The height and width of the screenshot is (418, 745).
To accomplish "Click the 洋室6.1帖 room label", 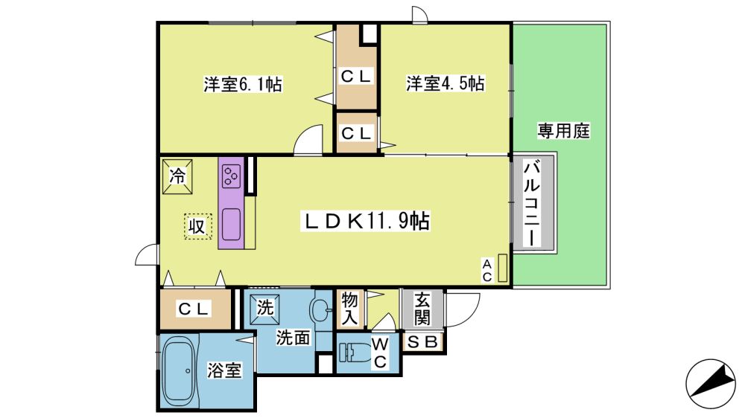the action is [243, 85].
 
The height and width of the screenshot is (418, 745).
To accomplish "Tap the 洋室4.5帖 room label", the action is [446, 83].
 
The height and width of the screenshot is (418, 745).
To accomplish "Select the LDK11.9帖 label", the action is [365, 221].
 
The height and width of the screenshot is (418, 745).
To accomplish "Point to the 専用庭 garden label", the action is [563, 130].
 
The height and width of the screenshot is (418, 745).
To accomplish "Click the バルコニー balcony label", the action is [532, 203].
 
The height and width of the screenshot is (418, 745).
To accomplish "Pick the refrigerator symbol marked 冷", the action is [178, 176].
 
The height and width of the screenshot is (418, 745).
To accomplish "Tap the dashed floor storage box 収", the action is [197, 226].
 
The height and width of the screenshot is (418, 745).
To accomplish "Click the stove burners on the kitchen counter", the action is [232, 176].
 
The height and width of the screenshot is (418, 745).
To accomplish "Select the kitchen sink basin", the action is [231, 224].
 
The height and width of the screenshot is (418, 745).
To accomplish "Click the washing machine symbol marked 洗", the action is [264, 309].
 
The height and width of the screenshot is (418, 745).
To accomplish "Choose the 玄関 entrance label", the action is [422, 309].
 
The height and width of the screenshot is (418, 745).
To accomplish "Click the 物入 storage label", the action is [349, 309].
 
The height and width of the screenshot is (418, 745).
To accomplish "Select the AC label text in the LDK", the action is [487, 271].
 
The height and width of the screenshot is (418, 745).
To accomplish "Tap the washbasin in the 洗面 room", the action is [321, 310].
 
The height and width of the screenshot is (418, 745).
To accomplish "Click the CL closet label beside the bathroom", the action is [194, 309].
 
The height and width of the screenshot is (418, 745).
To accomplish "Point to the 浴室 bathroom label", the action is [224, 370].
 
